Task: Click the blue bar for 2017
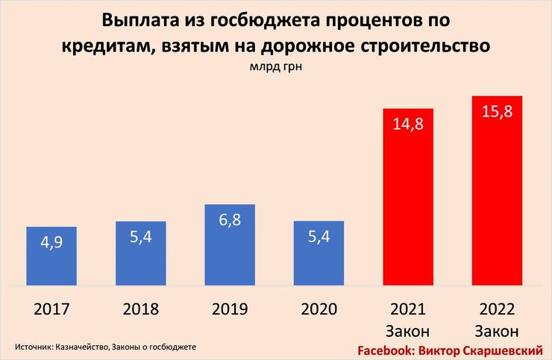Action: pyautogui.click(x=51, y=256)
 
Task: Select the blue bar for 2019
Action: pyautogui.click(x=230, y=244)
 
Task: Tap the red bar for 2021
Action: pyautogui.click(x=408, y=198)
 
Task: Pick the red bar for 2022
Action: pyautogui.click(x=496, y=191)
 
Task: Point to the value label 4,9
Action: pyautogui.click(x=51, y=244)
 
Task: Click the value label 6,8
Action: pyautogui.click(x=230, y=222)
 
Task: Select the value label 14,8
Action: pyautogui.click(x=408, y=124)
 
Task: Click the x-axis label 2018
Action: pyautogui.click(x=140, y=309)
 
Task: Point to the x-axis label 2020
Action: pyautogui.click(x=319, y=309)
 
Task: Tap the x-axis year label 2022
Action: pyautogui.click(x=496, y=309)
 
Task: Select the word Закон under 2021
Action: pyautogui.click(x=408, y=329)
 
